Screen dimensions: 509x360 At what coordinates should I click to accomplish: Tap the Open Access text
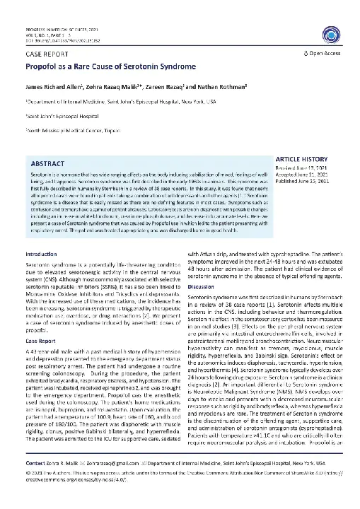325,53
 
